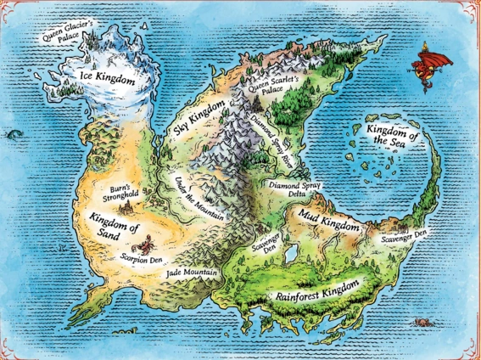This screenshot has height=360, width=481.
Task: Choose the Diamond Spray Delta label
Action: coord(293,188)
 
